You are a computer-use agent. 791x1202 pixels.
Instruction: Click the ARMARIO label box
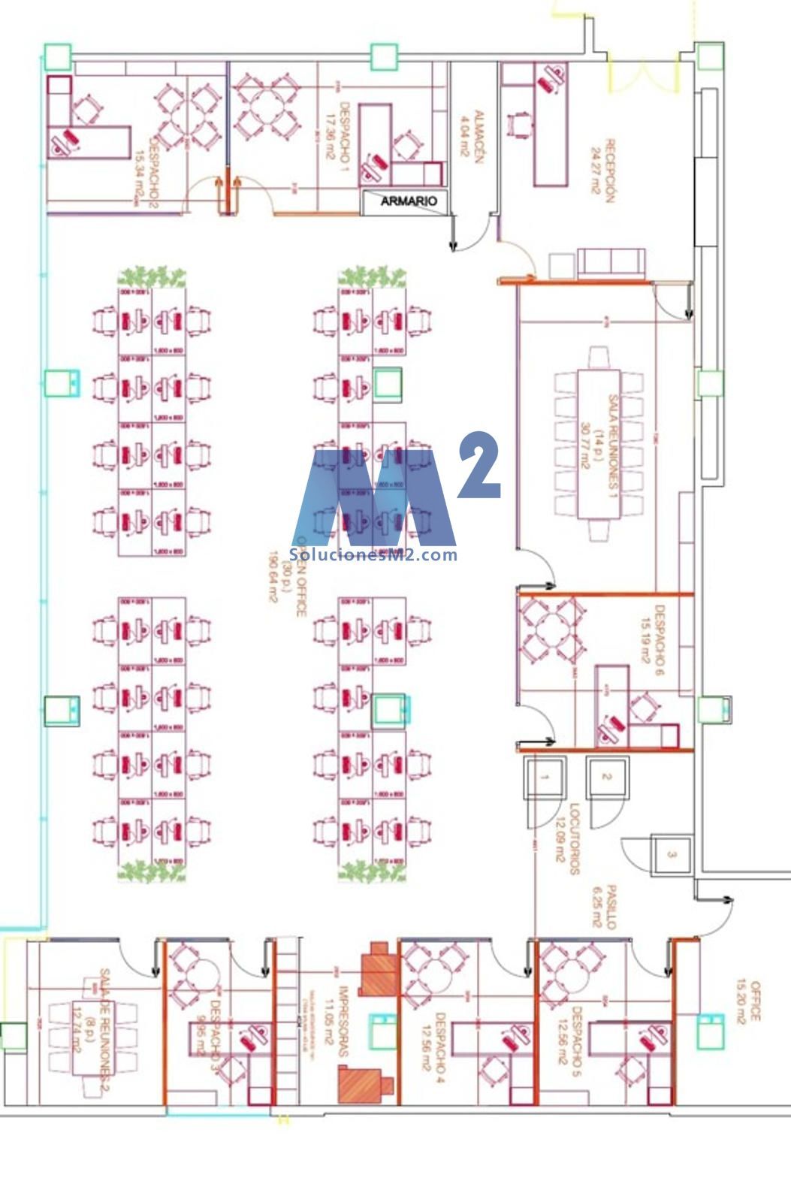click(408, 201)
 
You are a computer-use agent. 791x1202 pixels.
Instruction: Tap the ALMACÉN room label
click(472, 136)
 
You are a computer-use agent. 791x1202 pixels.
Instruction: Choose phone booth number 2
click(607, 777)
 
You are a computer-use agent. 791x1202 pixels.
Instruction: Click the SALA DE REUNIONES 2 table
click(93, 1040)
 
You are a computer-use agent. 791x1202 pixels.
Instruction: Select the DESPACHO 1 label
click(339, 134)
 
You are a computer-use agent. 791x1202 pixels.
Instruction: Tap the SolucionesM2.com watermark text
click(375, 555)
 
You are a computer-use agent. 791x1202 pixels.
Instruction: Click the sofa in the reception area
click(611, 262)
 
